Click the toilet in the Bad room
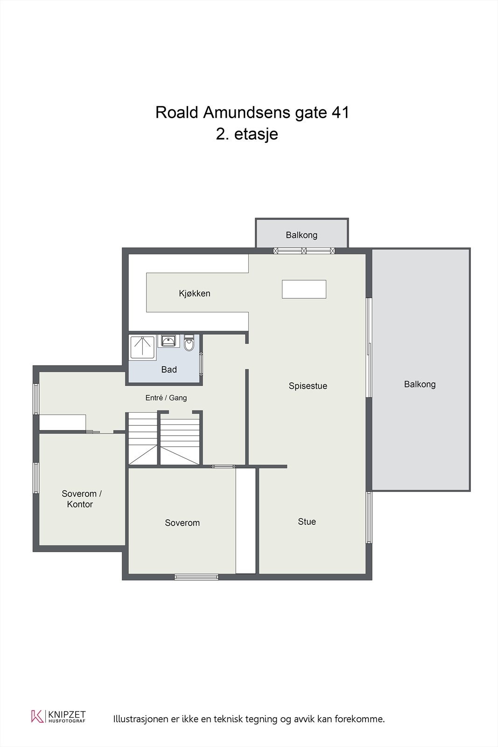(x=189, y=343)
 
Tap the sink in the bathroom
(x=168, y=341)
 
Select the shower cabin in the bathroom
(x=143, y=347)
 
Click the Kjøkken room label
(x=194, y=294)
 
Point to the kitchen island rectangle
(x=304, y=289)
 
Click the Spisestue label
(x=308, y=386)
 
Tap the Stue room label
(x=307, y=521)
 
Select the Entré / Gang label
(x=166, y=397)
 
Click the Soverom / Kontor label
(x=81, y=499)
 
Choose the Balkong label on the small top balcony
(x=302, y=235)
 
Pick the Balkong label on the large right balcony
(x=420, y=384)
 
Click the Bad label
(x=168, y=369)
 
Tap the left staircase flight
(x=143, y=438)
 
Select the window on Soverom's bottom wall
(x=196, y=577)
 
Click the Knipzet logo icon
(x=37, y=716)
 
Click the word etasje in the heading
(x=256, y=134)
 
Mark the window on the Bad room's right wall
(x=201, y=365)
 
